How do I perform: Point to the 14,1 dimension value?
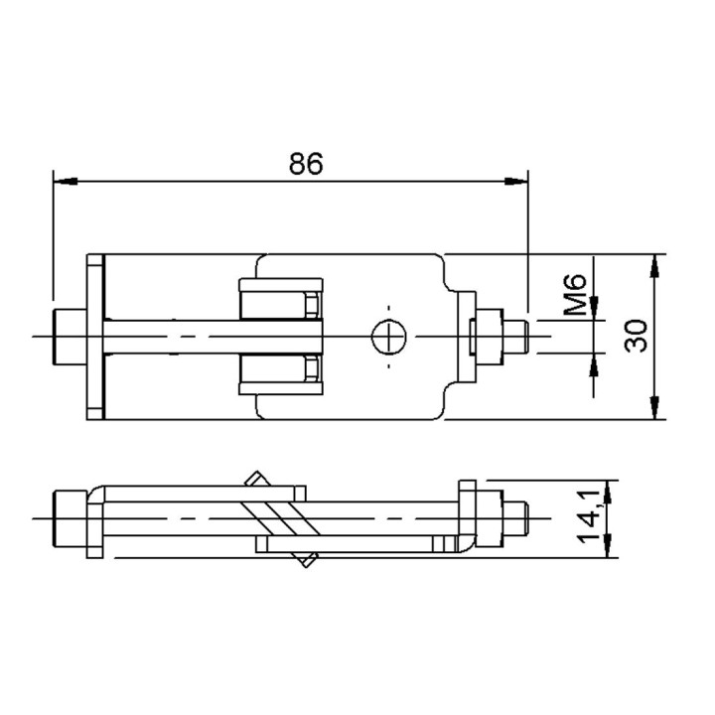[x=593, y=519]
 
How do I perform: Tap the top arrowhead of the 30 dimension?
[x=654, y=265]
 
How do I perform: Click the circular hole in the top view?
[x=389, y=338]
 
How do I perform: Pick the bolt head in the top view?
[x=68, y=338]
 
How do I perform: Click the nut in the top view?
[x=488, y=337]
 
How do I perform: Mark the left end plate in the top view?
[x=95, y=338]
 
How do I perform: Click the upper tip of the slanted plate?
[x=255, y=478]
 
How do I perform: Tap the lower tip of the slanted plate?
[x=309, y=562]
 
